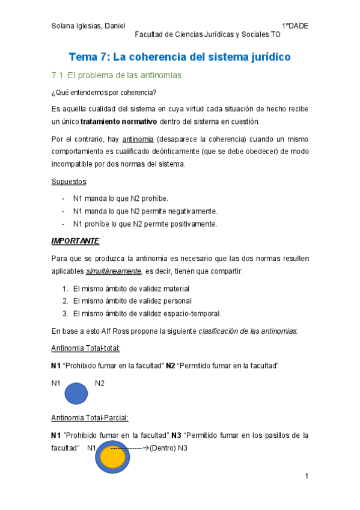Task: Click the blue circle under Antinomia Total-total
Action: [76, 393]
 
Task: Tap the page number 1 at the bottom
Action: [307, 476]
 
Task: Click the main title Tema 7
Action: [180, 57]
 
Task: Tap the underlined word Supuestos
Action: [69, 181]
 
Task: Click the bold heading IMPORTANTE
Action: [75, 241]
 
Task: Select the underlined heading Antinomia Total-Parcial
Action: [90, 418]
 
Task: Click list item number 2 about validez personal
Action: [132, 301]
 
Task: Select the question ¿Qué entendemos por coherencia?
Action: [105, 93]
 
